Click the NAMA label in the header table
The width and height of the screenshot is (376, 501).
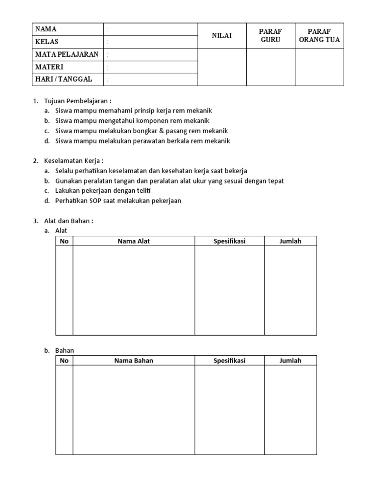click(46, 29)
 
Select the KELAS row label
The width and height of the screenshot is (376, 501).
click(47, 42)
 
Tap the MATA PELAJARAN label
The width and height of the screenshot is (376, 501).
click(67, 54)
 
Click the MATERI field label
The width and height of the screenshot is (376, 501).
click(49, 67)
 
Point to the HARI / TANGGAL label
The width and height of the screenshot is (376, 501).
click(63, 79)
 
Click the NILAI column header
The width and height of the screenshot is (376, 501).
click(221, 36)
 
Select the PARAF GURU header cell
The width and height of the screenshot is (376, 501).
click(270, 36)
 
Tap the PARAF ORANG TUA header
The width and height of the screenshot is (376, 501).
click(319, 36)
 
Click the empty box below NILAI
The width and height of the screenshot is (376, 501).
click(221, 67)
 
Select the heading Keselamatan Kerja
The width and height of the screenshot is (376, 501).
click(73, 161)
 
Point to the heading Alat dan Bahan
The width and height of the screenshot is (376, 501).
click(69, 221)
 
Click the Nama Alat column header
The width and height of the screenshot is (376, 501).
click(134, 241)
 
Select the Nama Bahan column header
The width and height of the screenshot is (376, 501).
click(134, 361)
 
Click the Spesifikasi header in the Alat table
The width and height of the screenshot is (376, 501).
click(229, 241)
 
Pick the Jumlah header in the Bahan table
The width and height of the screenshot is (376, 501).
click(290, 361)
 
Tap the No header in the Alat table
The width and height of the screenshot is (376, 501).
click(64, 241)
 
